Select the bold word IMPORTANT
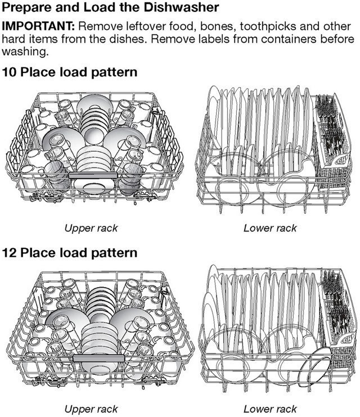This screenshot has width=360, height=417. pos(39,27)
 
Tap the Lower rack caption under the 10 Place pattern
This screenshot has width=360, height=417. pos(270,228)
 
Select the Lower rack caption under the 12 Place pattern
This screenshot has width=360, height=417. pos(270,409)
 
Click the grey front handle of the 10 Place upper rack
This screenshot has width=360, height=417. pos(93,175)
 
